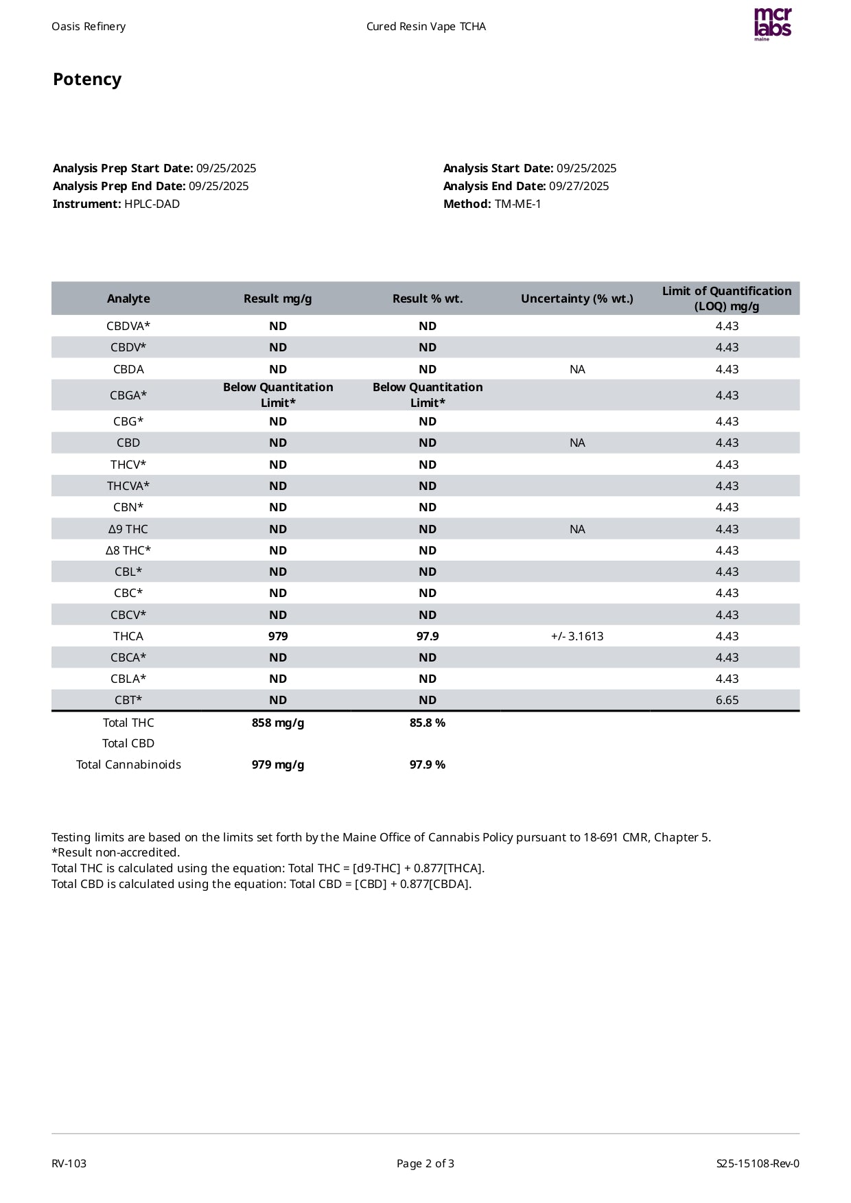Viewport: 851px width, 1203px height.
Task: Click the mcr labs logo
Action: pos(772,24)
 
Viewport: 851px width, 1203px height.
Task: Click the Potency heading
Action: pos(87,80)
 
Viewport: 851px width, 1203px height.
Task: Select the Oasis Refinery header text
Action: pos(89,27)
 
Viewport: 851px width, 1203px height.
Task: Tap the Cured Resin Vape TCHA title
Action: pos(425,27)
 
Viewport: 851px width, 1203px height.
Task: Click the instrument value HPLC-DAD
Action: pos(152,204)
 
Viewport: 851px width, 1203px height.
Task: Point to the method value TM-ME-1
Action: pos(517,204)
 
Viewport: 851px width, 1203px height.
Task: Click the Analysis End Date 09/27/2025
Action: pos(579,186)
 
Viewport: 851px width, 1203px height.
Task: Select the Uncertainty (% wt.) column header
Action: pos(576,299)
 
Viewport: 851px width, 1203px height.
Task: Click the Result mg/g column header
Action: pos(277,299)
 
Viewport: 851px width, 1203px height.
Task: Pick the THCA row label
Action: pos(128,636)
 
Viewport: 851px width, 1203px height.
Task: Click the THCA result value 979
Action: pos(277,636)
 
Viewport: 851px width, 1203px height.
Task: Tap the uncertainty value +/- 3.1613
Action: pos(576,636)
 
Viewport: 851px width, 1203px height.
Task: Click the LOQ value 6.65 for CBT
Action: pos(727,700)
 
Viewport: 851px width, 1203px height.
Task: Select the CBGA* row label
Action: pos(128,395)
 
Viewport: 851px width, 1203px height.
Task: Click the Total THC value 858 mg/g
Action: pos(277,723)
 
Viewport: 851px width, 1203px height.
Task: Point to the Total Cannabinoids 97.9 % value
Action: pos(427,764)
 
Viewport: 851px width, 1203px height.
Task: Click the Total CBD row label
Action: pos(128,743)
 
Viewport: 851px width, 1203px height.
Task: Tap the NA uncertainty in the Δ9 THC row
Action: pos(576,529)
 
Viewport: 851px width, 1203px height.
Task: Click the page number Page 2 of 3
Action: pos(425,1163)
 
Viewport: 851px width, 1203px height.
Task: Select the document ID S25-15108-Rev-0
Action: pos(758,1163)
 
